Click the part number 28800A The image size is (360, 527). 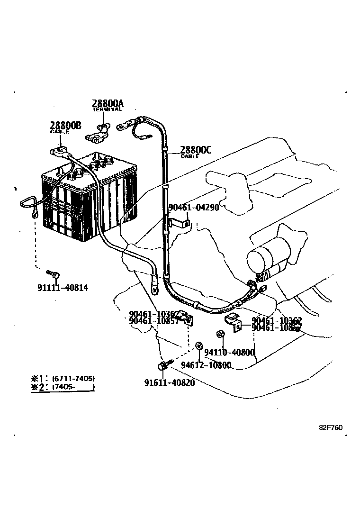click(108, 103)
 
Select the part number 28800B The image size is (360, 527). click(65, 125)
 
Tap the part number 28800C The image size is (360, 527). click(196, 150)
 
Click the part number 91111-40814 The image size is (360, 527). click(62, 288)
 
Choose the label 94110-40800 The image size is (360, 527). click(229, 352)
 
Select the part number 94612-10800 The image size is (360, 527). click(206, 365)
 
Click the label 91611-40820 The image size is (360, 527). click(169, 382)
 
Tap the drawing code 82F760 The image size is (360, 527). click(330, 427)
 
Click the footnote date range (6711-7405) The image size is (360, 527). click(73, 378)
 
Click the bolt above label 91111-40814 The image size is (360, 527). click(53, 274)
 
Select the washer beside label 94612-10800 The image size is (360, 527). click(198, 344)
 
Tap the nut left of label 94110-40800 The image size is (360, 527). click(220, 334)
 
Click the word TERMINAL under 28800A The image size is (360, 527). click(107, 109)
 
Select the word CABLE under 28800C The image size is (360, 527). click(189, 156)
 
